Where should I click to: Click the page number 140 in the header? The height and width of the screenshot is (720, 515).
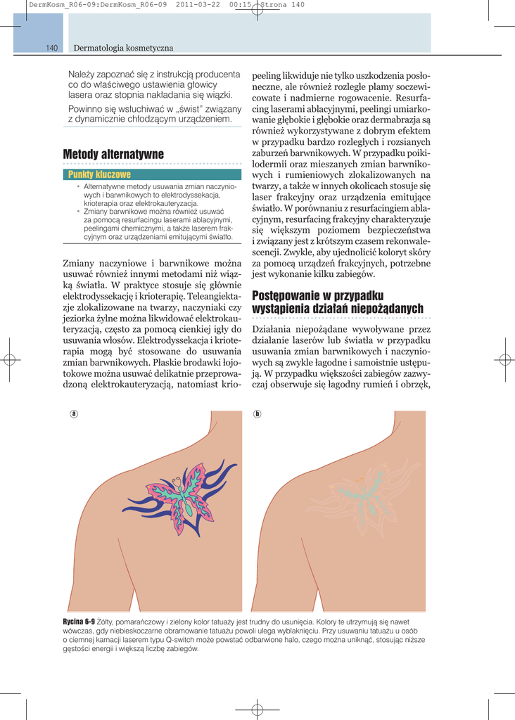[x=51, y=48]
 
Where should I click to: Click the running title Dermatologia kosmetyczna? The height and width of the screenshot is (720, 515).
[x=124, y=48]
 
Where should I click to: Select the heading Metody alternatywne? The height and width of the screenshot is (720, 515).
[x=113, y=154]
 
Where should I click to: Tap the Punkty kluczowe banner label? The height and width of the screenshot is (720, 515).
[x=99, y=174]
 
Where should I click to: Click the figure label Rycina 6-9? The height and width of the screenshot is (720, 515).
[x=79, y=622]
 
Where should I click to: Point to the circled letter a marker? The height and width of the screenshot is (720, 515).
[x=73, y=413]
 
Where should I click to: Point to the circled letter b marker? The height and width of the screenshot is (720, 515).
[x=257, y=413]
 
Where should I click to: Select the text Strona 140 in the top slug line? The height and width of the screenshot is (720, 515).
[x=283, y=6]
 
